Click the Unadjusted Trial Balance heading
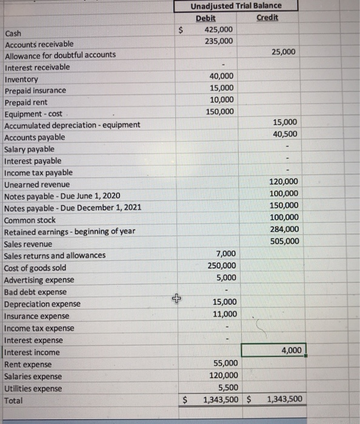click(236, 6)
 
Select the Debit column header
click(206, 18)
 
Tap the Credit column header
click(267, 18)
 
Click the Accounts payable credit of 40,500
click(285, 134)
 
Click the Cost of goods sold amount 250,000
click(221, 266)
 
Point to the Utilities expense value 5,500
click(226, 387)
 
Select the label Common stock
click(30, 220)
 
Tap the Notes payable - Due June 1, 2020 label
click(62, 196)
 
